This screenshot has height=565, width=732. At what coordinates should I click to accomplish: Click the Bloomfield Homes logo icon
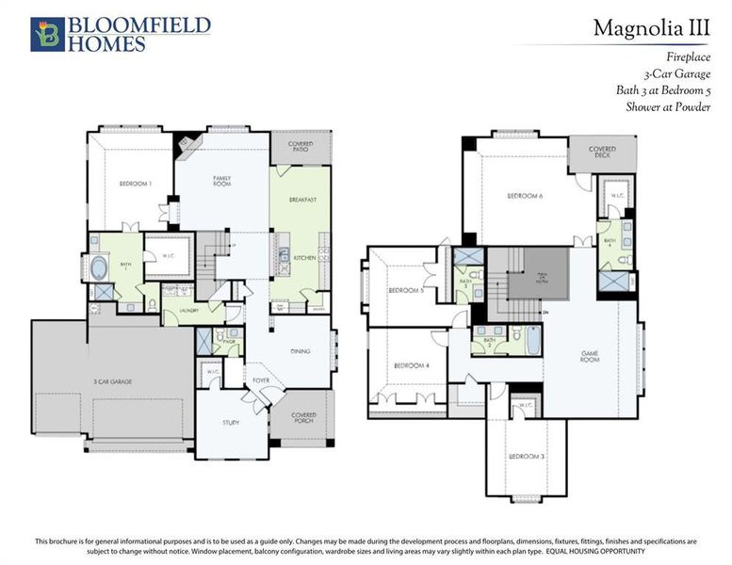pos(46,34)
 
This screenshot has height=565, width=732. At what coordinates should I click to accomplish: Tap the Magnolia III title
pos(651,28)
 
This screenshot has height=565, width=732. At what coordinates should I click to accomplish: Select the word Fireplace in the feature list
pos(689,56)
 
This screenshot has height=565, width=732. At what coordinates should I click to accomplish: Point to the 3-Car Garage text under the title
pos(677,73)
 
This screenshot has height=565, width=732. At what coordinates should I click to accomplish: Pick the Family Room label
pos(222,181)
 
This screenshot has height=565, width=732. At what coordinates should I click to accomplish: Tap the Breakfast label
pos(301,200)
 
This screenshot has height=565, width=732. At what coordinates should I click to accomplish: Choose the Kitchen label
pos(303,257)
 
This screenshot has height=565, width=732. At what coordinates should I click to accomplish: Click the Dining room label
pos(301,351)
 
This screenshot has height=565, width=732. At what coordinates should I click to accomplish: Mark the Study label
pos(231,423)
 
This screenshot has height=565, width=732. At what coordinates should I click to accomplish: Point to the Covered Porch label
pos(303,417)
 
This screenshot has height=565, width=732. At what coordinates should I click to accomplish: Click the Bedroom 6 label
pos(525,196)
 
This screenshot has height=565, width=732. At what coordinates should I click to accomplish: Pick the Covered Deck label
pos(602,152)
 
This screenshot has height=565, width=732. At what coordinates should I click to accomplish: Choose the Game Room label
pos(591,358)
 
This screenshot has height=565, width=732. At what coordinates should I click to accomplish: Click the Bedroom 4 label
pos(411,364)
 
